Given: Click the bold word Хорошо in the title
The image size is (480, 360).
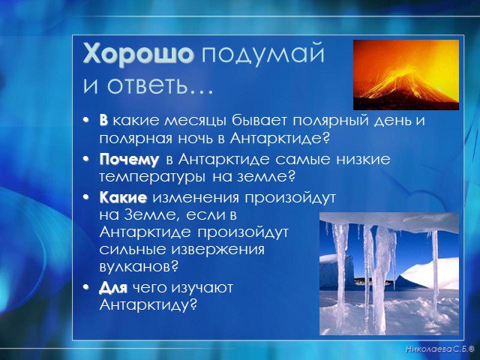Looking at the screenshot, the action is tap(138, 55).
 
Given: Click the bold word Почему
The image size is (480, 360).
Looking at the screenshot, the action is tap(129, 160).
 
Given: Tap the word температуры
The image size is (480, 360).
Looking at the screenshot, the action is tap(153, 178).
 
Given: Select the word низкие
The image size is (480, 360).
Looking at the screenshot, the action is tap(363, 160).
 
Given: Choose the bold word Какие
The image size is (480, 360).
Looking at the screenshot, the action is tap(123, 198).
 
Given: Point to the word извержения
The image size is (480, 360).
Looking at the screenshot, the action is tap(217, 250).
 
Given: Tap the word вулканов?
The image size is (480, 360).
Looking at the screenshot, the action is tap(139, 267).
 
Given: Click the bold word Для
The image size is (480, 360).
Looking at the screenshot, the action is tap(113, 289).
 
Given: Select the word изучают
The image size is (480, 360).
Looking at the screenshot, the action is tap(202, 288).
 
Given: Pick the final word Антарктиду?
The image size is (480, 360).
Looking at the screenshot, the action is tap(148, 305).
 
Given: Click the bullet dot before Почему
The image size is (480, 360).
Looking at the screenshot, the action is tap(87, 159).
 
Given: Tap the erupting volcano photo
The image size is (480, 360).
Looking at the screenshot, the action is tap(406, 75).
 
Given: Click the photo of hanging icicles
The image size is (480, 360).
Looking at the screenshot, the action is tap(389, 273).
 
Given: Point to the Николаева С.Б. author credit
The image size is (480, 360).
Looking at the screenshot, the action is tap(440, 349).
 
